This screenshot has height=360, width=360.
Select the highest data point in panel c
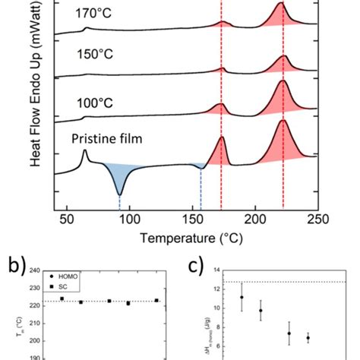coord(242,297)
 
